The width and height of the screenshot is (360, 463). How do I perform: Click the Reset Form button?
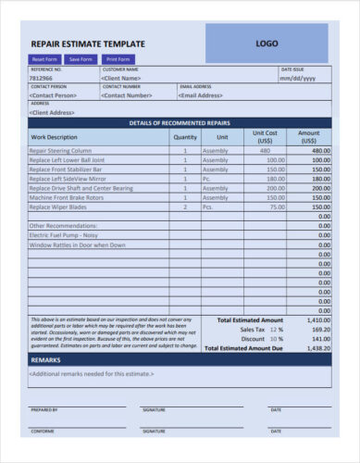[44, 58]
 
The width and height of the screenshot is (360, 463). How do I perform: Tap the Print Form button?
[118, 58]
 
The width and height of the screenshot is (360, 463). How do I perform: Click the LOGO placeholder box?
[267, 44]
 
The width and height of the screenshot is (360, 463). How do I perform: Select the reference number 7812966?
[43, 79]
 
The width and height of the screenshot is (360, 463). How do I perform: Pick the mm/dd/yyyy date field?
[298, 79]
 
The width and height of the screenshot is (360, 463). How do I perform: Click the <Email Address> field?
[202, 94]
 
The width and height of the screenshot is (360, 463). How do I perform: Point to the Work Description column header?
[56, 136]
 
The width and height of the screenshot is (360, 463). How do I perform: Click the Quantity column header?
[185, 136]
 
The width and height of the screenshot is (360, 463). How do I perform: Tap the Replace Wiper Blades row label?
[64, 206]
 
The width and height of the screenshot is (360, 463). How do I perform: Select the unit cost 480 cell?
[266, 150]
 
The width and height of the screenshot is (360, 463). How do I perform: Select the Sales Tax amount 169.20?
[319, 329]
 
